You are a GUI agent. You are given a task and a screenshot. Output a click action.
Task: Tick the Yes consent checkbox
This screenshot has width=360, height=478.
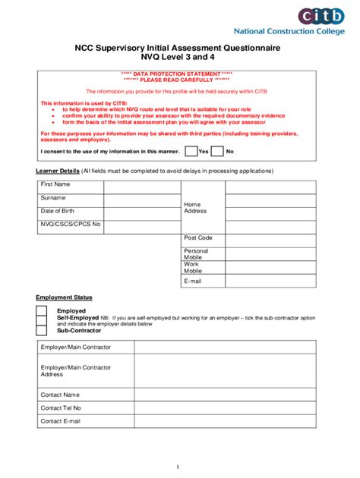point(191,151)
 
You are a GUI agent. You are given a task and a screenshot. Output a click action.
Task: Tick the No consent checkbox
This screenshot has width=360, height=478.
point(217,151)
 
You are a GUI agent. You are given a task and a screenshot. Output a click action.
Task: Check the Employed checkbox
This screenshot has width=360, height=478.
point(42,311)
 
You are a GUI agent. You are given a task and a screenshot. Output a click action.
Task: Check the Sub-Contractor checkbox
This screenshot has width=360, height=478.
point(42,331)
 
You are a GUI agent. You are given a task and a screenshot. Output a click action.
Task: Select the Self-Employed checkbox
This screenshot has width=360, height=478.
point(42,321)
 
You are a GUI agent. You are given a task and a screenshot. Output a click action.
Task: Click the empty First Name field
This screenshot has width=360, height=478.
point(141,185)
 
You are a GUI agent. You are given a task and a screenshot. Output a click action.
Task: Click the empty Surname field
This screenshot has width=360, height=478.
point(141,199)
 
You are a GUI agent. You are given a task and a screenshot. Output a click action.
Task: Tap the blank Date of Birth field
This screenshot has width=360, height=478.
point(141,212)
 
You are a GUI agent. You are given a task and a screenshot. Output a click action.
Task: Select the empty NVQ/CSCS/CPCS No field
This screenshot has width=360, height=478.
point(141,226)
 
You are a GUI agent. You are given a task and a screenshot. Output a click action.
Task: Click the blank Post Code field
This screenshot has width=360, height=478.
point(270,239)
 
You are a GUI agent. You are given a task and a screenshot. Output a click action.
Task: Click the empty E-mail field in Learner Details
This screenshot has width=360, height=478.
point(270,281)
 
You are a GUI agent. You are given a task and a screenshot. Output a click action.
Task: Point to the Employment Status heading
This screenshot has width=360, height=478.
point(64,297)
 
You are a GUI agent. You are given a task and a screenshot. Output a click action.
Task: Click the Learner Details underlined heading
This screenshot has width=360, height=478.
point(58,171)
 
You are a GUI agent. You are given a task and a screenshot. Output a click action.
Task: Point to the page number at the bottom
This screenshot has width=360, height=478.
point(177,467)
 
